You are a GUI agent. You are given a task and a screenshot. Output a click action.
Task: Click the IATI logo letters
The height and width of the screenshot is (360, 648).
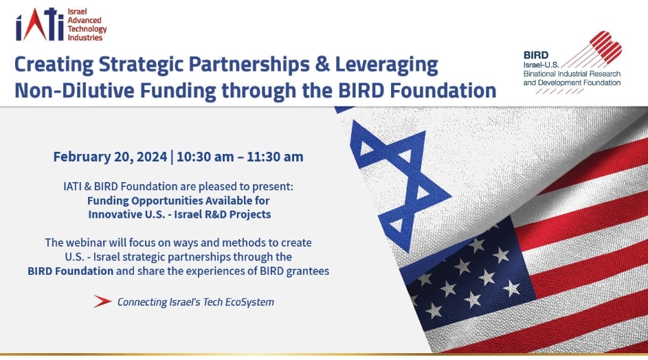[40, 24]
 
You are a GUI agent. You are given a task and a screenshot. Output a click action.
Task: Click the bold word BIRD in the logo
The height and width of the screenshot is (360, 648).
[536, 55]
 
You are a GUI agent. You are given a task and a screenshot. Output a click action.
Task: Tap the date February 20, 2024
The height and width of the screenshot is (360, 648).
[110, 157]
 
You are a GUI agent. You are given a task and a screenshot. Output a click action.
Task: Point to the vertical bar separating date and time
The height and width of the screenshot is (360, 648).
[172, 157]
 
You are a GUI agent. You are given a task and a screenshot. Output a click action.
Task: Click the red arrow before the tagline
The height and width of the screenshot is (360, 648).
[102, 302]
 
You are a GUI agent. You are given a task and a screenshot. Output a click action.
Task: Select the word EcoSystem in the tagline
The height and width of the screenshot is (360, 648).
[249, 302]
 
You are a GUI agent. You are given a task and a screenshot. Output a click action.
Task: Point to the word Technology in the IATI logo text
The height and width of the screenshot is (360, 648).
[87, 29]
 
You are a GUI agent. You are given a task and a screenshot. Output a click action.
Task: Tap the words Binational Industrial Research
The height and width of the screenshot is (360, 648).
[572, 74]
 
